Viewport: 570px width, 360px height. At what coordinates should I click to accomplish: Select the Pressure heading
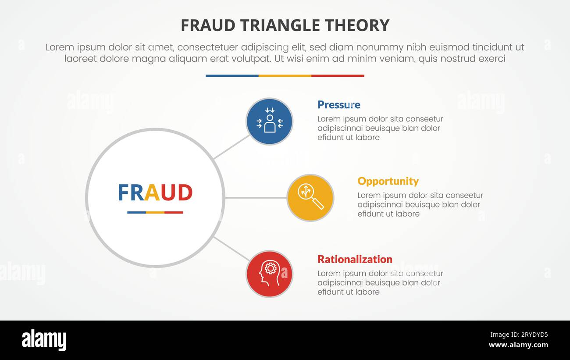point(338,105)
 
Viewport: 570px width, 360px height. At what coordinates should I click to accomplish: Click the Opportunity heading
point(388,182)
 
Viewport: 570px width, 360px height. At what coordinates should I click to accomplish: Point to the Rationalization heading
point(355,259)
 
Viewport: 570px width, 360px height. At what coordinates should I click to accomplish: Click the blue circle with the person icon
point(270,121)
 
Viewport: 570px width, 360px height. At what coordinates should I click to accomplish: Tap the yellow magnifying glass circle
point(310,198)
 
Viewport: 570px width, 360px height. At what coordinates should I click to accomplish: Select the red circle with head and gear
point(270,274)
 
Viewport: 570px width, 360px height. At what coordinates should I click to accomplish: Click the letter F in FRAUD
point(124,192)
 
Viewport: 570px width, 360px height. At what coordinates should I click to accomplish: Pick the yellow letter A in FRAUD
point(152,192)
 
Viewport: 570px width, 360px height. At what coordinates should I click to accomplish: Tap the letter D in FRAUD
point(185,192)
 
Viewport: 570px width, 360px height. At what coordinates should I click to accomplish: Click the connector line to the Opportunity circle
point(256,198)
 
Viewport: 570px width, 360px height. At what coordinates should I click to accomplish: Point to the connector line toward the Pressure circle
point(232,147)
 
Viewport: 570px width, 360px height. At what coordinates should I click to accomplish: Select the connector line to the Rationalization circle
point(232,249)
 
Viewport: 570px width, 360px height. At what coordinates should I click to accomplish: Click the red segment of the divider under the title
point(338,76)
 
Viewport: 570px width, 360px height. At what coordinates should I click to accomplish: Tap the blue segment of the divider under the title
point(232,76)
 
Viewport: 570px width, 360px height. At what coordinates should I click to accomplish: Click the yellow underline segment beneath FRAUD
point(155,212)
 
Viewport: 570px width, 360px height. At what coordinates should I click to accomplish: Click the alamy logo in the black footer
point(44,340)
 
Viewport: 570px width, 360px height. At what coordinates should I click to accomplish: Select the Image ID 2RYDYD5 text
point(519,335)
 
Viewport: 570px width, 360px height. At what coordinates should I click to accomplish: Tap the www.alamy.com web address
point(518,345)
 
